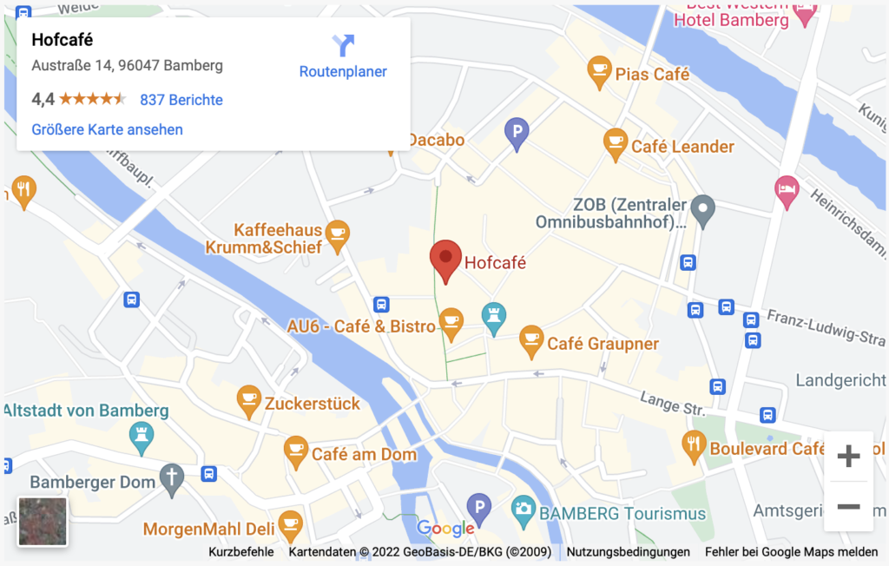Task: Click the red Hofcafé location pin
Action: [x=445, y=260]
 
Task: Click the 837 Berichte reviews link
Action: [x=181, y=100]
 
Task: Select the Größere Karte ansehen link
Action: [x=107, y=129]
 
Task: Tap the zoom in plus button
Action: [x=848, y=456]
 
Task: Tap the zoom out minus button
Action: [x=848, y=506]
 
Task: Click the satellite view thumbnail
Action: [x=43, y=521]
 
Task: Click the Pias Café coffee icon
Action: [x=599, y=71]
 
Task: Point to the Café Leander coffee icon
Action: [x=615, y=143]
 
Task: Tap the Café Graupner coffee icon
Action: [x=531, y=340]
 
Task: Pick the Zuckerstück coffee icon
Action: [x=249, y=399]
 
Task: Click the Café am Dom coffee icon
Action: [x=295, y=451]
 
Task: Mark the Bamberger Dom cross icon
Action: [x=173, y=478]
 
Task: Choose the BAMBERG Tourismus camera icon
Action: [x=523, y=510]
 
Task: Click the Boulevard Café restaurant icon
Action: [x=693, y=445]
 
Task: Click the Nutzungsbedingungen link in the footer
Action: [x=629, y=551]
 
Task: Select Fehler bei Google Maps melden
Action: [x=791, y=551]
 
